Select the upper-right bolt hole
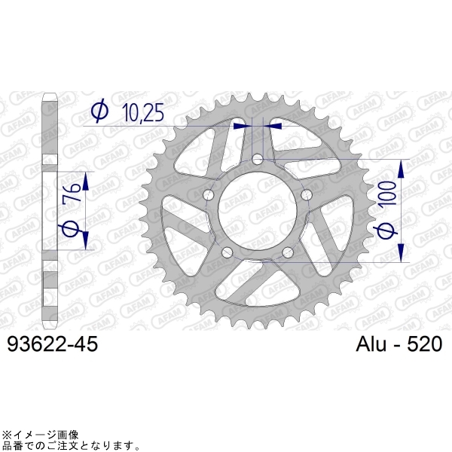coord(306,196)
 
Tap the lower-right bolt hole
coord(287,253)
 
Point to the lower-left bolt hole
coord(227,253)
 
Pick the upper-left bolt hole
coord(209,196)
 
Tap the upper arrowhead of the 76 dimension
coord(86,181)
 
